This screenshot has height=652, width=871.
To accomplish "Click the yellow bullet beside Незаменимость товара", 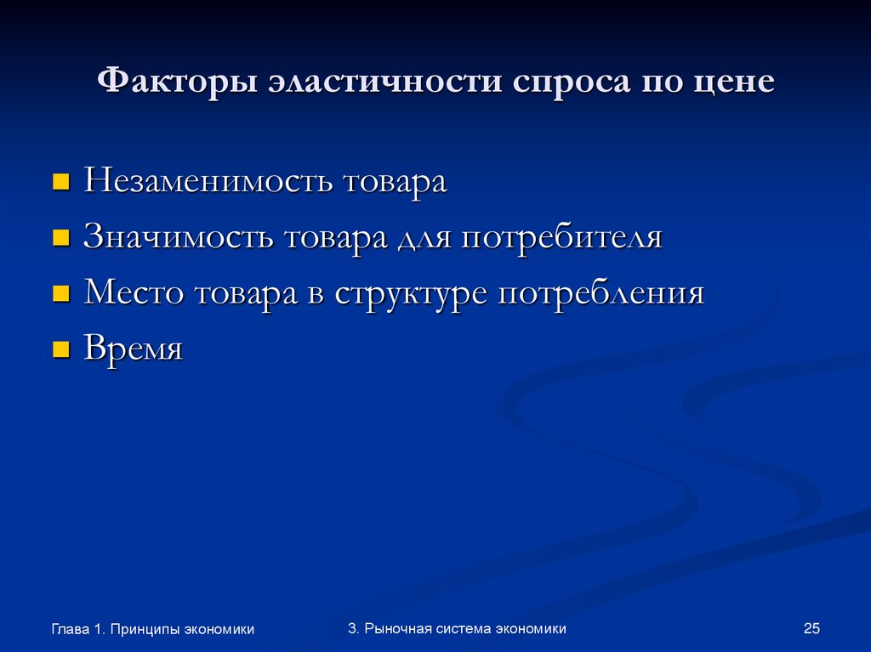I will (x=60, y=183).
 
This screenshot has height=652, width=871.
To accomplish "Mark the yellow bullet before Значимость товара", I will (x=60, y=238).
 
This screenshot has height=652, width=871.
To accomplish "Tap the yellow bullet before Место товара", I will (x=60, y=294).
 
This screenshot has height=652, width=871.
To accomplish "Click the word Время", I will (x=134, y=349).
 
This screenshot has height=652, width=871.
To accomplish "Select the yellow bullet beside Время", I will (x=60, y=349).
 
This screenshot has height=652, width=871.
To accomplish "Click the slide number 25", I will (x=811, y=628).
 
